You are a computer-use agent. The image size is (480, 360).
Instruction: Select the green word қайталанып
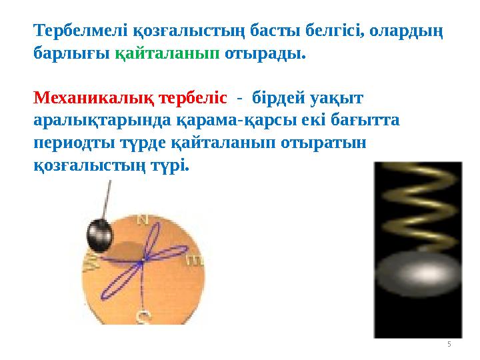click(x=167, y=53)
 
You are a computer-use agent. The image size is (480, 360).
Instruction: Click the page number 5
click(x=449, y=344)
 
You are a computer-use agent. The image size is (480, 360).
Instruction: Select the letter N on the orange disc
click(x=141, y=219)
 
